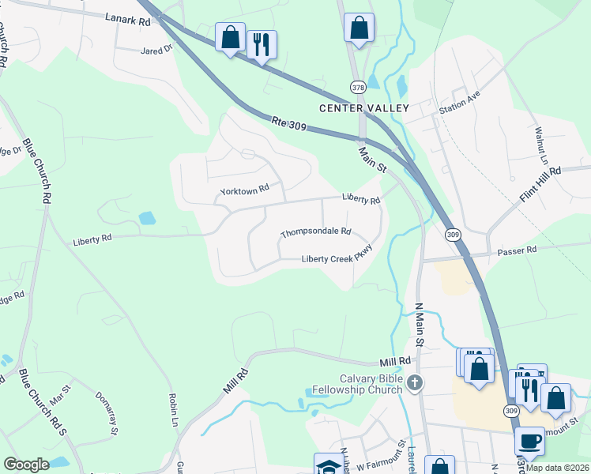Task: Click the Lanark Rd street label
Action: tap(127, 20)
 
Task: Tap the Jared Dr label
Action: tap(156, 50)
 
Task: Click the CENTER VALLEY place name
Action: tap(363, 107)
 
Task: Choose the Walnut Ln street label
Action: tap(541, 145)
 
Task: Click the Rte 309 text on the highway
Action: tap(288, 123)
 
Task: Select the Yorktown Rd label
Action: tap(245, 190)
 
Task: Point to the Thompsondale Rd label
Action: tap(315, 233)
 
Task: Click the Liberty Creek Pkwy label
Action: tap(337, 258)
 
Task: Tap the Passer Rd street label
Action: tap(517, 250)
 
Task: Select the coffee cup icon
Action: tap(529, 440)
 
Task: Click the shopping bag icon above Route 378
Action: tap(359, 28)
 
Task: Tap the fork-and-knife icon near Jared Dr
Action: tap(262, 43)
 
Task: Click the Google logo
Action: tap(26, 464)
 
